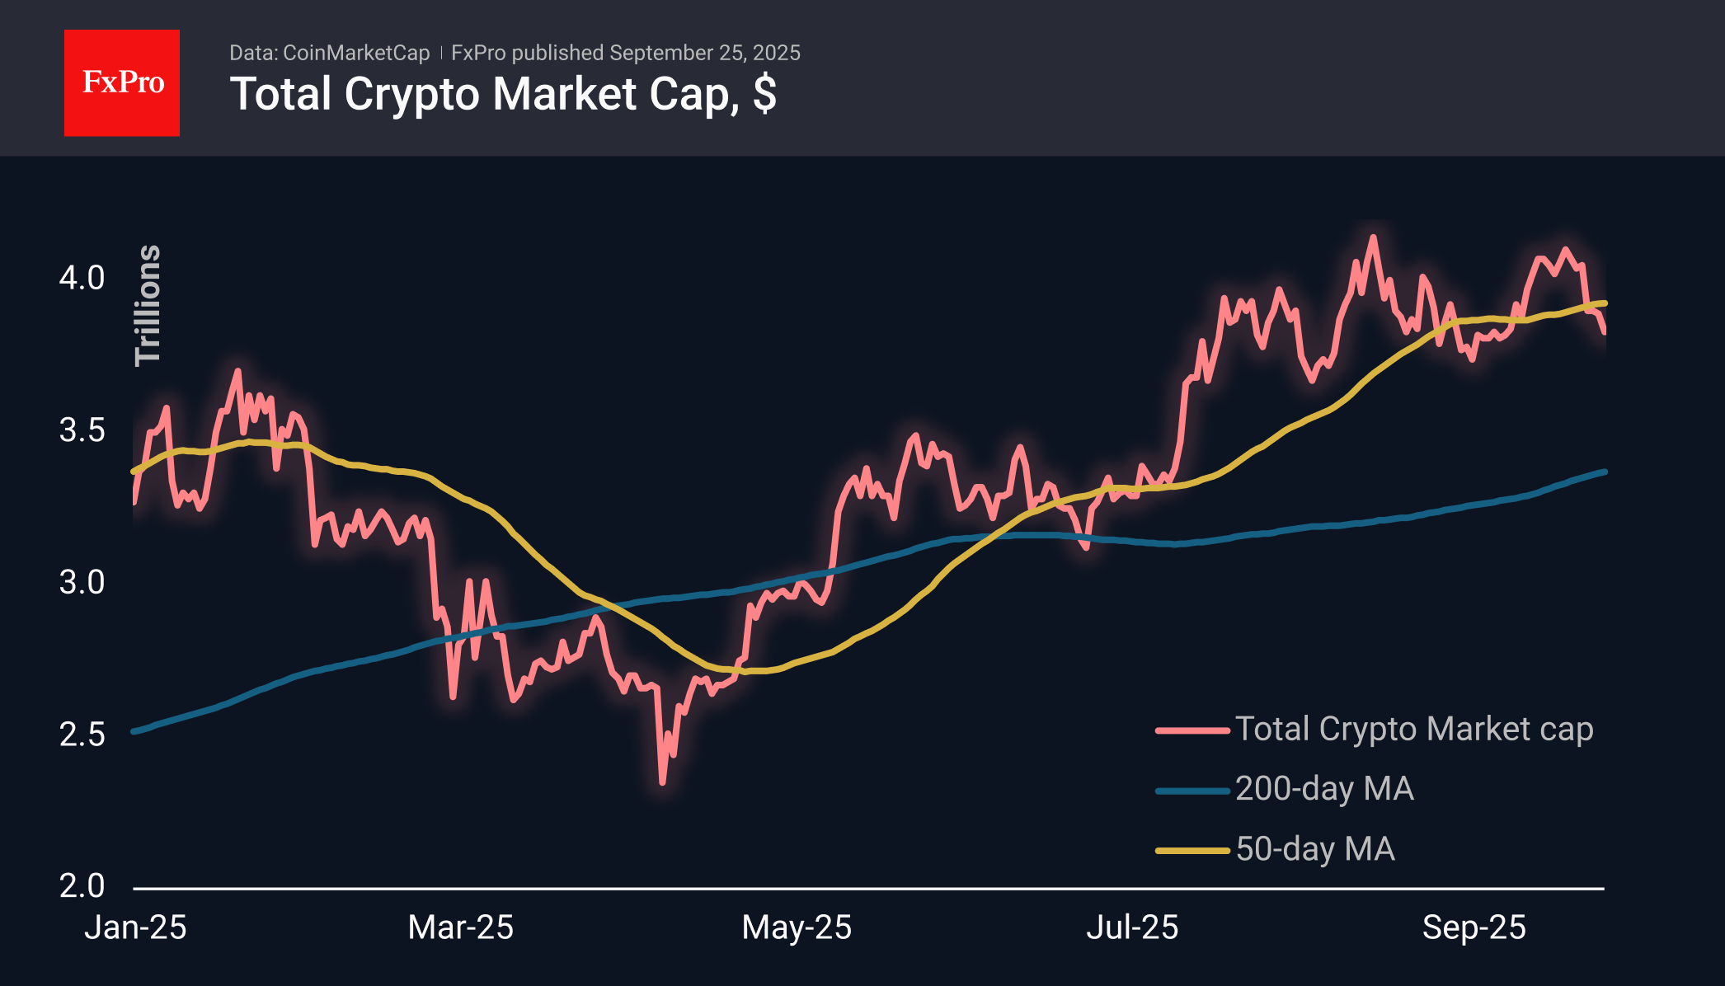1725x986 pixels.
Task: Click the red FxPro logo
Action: point(122,82)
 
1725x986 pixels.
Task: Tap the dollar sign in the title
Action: point(764,93)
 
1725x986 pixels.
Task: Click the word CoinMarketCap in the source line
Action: point(355,53)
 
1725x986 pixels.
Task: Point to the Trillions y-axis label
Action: point(148,305)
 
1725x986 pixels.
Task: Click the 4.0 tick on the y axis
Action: point(82,278)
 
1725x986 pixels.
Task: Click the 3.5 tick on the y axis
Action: point(82,430)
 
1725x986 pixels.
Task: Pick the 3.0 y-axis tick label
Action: point(82,583)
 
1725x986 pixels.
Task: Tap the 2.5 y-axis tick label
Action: point(82,735)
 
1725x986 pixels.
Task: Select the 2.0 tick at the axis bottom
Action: point(82,886)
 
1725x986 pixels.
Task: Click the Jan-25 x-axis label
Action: point(135,928)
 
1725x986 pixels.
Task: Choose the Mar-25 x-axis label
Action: point(460,928)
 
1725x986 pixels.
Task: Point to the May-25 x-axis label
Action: point(796,928)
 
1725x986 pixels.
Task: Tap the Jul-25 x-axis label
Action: point(1131,928)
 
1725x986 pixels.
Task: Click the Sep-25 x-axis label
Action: point(1474,928)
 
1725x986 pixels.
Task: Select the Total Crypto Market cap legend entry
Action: point(1413,730)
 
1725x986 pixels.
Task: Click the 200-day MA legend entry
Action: point(1324,789)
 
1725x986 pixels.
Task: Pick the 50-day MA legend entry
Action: point(1314,849)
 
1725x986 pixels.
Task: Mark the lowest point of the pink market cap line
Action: point(662,782)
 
